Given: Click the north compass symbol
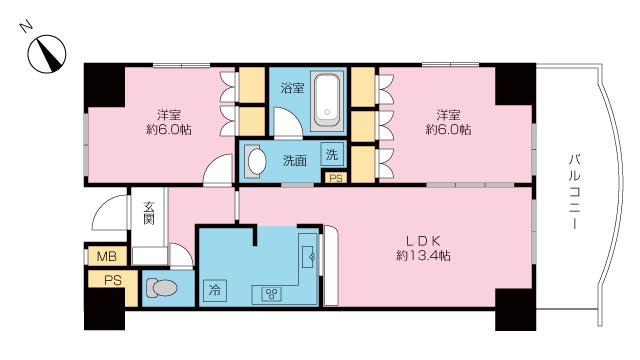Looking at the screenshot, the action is [47, 54].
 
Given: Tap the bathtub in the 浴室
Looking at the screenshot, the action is [326, 101].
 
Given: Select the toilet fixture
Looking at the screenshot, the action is [161, 288].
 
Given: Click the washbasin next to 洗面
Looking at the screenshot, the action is [256, 161].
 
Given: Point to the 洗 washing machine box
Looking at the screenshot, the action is [332, 154].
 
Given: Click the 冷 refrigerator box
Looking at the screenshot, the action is [215, 291].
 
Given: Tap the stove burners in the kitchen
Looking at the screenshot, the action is [271, 294].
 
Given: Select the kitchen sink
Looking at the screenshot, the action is [308, 256].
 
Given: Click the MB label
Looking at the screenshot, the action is [107, 256].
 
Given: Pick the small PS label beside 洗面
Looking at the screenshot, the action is [336, 178].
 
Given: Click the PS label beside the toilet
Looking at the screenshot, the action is [113, 280].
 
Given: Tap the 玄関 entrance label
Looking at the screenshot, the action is [149, 213].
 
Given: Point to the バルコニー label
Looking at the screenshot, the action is [575, 192].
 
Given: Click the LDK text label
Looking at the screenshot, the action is [423, 241].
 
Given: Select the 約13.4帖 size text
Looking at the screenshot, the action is [423, 256].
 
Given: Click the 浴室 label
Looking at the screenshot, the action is [292, 88].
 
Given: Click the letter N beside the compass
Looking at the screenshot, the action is [26, 27].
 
